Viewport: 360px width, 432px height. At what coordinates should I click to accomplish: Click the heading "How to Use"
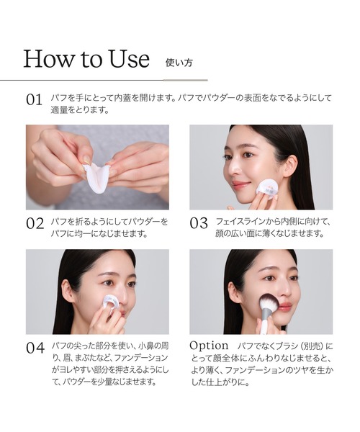coord(86,58)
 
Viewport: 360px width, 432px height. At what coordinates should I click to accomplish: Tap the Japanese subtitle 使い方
coord(179,61)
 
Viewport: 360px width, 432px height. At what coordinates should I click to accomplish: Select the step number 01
coord(35,100)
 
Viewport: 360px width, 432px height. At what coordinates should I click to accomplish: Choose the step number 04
coord(35,348)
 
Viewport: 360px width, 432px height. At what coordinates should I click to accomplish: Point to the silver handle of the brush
coord(264,324)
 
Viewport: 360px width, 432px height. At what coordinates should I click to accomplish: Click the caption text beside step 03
coord(273,227)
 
